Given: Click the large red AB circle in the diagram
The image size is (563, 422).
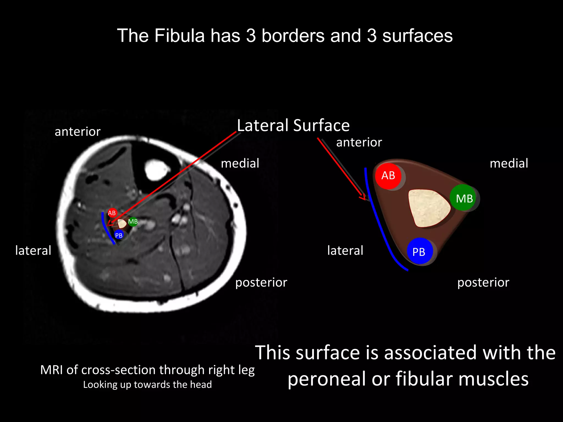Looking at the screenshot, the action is (388, 176).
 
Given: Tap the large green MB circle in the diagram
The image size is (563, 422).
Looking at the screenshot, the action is (464, 198).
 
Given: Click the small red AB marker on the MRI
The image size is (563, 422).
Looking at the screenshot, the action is (112, 213).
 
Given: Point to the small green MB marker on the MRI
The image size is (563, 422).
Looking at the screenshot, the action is (133, 221).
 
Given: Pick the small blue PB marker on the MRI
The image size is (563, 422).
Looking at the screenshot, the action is (119, 235).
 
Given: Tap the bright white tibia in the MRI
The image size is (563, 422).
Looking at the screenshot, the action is (156, 170).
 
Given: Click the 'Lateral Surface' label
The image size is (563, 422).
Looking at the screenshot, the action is (293, 126).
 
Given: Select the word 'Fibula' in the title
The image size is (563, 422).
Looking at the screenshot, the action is (180, 36).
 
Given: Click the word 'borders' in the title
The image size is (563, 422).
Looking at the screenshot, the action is (293, 36).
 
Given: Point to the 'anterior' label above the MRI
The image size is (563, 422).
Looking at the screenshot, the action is (78, 132).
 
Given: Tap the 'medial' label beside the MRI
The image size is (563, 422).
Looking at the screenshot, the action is (240, 163).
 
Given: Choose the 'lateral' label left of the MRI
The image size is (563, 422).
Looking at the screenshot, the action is (33, 251).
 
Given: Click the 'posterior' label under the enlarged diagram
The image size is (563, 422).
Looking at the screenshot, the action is (483, 282).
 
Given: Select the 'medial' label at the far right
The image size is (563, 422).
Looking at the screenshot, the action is (509, 163).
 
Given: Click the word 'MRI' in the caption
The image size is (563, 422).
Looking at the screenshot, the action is (52, 370).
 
